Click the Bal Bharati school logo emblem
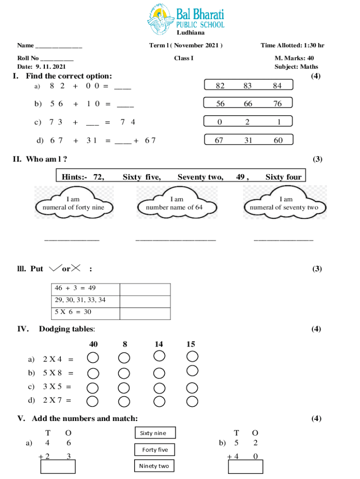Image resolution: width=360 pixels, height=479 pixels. coord(161,20)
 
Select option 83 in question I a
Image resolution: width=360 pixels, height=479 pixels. coord(248,86)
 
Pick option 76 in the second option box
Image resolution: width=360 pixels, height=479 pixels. coord(278,104)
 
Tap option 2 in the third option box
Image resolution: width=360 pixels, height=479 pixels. coord(247,122)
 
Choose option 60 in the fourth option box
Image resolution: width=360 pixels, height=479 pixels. coord(278,140)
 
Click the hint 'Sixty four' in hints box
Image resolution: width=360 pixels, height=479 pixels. coord(283,177)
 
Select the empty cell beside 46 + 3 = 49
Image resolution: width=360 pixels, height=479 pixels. coord(145,289)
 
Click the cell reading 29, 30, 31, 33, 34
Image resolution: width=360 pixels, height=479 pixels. coord(85,300)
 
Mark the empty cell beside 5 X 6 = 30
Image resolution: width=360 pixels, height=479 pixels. coord(145,312)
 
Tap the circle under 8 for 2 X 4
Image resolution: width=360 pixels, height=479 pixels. coord(124,358)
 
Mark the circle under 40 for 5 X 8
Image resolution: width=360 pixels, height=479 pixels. coord(93,373)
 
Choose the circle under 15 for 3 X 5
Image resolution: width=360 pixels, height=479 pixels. coord(192,388)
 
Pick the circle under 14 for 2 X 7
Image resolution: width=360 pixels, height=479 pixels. coord(159,401)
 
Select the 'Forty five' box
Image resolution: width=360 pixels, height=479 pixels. coord(155,450)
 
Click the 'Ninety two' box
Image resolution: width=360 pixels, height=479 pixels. coord(154,466)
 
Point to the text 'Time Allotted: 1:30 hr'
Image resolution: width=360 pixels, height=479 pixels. coord(292,45)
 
